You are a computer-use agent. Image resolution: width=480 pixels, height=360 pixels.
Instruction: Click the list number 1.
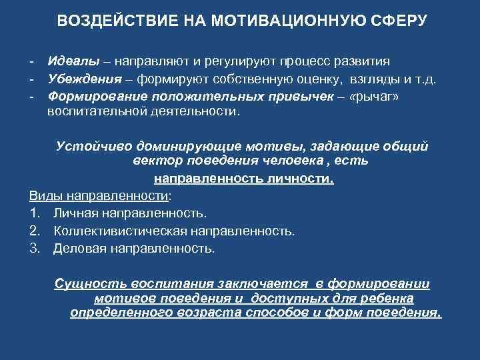tap(34, 214)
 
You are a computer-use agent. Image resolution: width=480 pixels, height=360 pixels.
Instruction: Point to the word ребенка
tap(388, 298)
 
